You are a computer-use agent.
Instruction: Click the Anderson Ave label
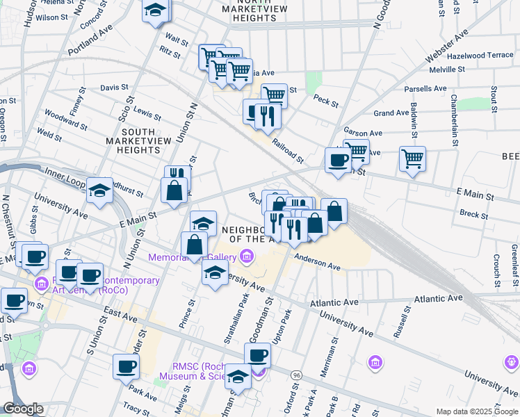(x=317, y=261)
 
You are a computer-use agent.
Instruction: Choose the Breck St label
(x=474, y=215)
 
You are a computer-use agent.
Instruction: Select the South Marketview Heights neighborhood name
(x=138, y=140)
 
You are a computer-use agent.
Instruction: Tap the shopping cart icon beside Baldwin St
(x=412, y=158)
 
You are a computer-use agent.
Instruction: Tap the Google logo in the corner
(x=23, y=409)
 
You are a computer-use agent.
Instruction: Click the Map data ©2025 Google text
(x=477, y=411)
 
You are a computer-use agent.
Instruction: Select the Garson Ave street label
(x=363, y=133)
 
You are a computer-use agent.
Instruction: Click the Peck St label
(x=325, y=101)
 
